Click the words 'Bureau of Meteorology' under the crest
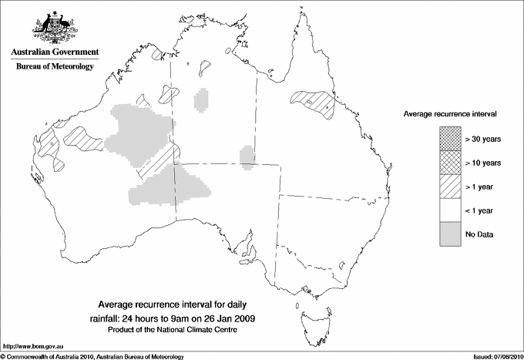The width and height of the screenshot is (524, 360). point(54,66)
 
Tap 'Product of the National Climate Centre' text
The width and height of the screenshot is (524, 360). point(178,330)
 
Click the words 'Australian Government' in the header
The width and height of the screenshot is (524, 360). point(54,52)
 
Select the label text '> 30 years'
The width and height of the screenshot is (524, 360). point(483,139)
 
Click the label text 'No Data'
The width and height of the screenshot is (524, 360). point(479,234)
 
